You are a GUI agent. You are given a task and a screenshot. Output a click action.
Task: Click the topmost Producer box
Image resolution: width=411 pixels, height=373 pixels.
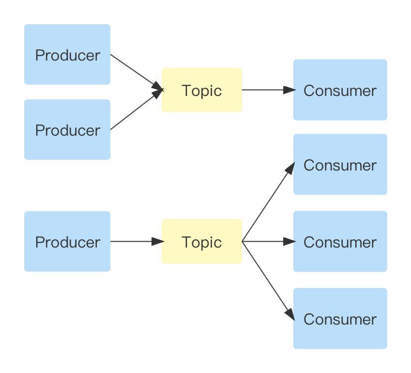click(67, 55)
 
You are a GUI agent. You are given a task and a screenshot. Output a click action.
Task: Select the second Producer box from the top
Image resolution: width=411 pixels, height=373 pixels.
click(67, 130)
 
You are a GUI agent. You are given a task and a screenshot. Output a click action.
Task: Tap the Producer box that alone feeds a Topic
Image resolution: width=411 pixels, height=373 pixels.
click(67, 241)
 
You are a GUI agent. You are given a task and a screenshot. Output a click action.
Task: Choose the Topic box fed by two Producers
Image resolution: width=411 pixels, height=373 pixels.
click(201, 90)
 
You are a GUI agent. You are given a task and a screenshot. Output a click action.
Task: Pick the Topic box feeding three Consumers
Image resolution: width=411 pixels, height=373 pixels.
click(201, 241)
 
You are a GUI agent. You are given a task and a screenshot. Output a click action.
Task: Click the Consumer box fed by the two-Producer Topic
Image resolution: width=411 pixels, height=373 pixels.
click(340, 90)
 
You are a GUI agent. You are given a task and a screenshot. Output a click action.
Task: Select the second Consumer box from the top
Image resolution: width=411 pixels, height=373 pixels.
click(340, 165)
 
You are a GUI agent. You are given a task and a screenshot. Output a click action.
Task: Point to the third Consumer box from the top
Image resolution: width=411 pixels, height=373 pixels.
click(340, 241)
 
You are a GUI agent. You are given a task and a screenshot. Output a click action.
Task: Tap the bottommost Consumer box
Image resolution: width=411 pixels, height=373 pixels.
click(340, 318)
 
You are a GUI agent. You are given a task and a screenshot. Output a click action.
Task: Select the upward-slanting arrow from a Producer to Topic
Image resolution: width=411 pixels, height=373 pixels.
click(136, 110)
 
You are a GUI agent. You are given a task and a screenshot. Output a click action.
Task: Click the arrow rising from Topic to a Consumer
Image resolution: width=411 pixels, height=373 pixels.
click(268, 202)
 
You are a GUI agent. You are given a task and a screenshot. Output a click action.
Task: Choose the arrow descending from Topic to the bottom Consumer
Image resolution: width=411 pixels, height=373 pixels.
click(268, 280)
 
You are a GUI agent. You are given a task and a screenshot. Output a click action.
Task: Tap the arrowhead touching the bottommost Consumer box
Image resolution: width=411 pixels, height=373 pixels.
click(289, 314)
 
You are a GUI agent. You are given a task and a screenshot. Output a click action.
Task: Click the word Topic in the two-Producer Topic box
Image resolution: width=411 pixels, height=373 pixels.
click(201, 91)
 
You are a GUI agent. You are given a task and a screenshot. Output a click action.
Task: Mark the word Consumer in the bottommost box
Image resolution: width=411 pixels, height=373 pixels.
click(340, 319)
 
